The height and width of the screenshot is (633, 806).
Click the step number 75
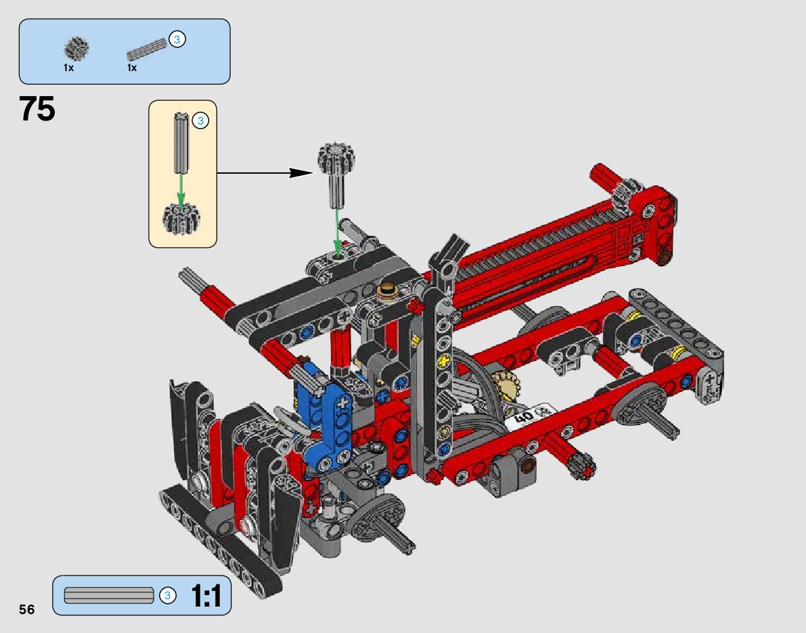[x=37, y=109]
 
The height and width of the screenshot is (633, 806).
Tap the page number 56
[x=26, y=609]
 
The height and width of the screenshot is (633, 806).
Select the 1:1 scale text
[x=206, y=596]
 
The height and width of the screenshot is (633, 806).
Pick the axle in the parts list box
[x=148, y=47]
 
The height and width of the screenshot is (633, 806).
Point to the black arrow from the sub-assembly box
[x=265, y=173]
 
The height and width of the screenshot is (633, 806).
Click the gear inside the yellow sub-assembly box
[x=181, y=217]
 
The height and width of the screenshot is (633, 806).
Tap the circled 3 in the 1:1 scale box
[x=167, y=596]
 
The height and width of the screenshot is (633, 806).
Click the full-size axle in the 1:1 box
[x=109, y=596]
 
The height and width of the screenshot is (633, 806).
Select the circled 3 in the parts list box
[x=177, y=39]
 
